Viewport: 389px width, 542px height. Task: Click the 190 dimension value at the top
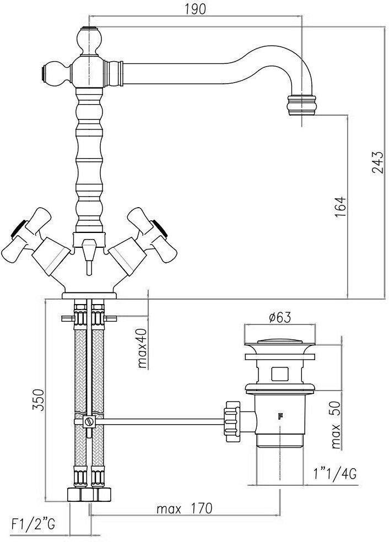click(194, 9)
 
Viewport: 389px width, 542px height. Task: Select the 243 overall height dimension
click(377, 162)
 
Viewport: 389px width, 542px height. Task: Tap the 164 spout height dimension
click(341, 207)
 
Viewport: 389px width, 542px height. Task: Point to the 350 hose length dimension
click(39, 400)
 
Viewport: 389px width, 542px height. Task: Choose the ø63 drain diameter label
click(280, 317)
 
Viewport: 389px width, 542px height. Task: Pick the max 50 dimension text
click(335, 425)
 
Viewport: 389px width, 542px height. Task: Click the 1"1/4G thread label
click(334, 474)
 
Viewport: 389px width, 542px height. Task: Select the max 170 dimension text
click(184, 508)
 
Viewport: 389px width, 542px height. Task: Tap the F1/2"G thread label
click(33, 525)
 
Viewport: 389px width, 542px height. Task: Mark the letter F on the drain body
click(280, 416)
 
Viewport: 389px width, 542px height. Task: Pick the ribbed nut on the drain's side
click(232, 421)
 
